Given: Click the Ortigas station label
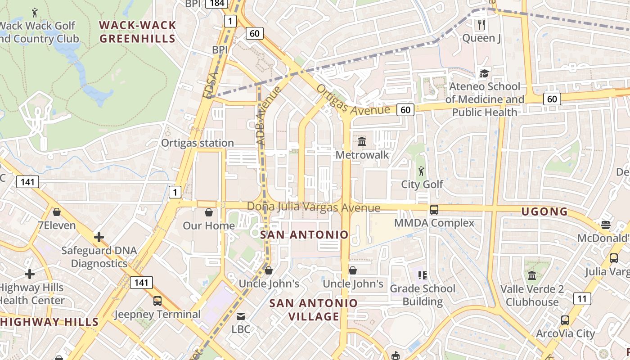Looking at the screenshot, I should pyautogui.click(x=198, y=143).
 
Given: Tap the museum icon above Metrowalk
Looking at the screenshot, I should pyautogui.click(x=361, y=142).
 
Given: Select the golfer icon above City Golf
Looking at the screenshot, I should pyautogui.click(x=421, y=171).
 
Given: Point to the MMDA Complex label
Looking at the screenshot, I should pyautogui.click(x=434, y=223).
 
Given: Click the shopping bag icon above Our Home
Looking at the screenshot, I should pyautogui.click(x=209, y=212).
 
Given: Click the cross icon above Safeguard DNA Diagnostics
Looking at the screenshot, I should pyautogui.click(x=99, y=237).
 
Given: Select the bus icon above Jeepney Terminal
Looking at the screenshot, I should pyautogui.click(x=157, y=301).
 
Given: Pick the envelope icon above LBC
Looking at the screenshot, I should pyautogui.click(x=241, y=316).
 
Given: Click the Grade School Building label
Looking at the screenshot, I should pyautogui.click(x=423, y=295).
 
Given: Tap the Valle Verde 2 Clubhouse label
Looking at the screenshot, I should pyautogui.click(x=532, y=295).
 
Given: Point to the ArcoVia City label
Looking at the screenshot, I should pyautogui.click(x=565, y=334).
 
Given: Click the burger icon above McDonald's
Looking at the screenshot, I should pyautogui.click(x=606, y=225).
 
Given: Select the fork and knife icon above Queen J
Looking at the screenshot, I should pyautogui.click(x=481, y=24).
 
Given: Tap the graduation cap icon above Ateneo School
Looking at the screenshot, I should pyautogui.click(x=484, y=73).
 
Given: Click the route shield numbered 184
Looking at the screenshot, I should pyautogui.click(x=216, y=4).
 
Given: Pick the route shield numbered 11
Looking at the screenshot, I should pyautogui.click(x=582, y=298).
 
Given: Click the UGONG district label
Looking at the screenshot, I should pyautogui.click(x=544, y=211).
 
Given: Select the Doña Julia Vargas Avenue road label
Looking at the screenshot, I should pyautogui.click(x=314, y=207).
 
